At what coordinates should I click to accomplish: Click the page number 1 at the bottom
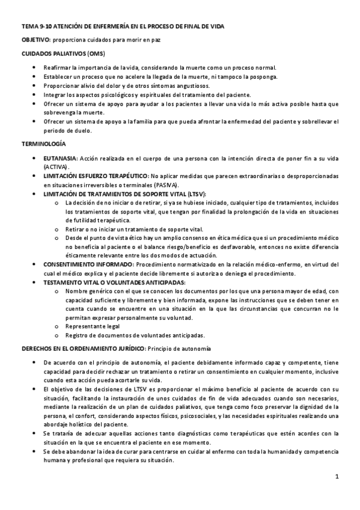pyautogui.click(x=338, y=477)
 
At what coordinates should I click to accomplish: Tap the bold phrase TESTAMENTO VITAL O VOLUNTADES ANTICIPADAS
pyautogui.click(x=114, y=282)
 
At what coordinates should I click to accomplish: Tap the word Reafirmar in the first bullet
pyautogui.click(x=58, y=69)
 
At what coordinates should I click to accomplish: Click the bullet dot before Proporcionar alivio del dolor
pyautogui.click(x=35, y=86)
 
